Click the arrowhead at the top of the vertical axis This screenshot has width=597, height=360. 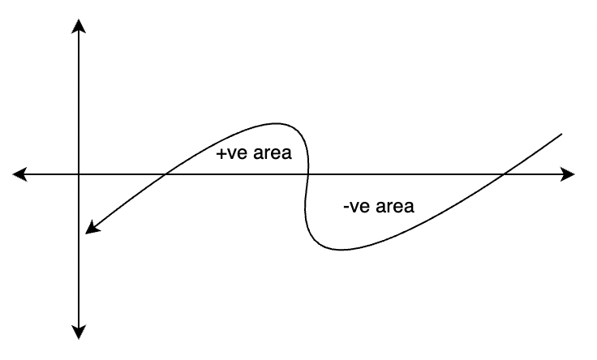coord(79,25)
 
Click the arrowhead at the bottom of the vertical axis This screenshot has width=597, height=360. coord(79,332)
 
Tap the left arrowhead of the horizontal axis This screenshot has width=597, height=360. coord(19,174)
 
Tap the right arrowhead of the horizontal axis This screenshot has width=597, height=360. coord(567,174)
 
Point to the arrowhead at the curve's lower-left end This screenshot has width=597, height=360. coord(92,229)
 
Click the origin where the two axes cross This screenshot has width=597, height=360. coord(79,174)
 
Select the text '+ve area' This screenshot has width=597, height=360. coord(254,153)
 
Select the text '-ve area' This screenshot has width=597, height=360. coord(379,206)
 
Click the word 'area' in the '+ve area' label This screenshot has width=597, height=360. coord(273,153)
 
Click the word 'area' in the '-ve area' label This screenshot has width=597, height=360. coord(395,206)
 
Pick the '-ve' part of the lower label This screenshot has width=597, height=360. coord(357,207)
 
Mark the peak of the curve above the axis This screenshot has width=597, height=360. coord(276,123)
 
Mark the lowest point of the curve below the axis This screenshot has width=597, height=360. coord(341,250)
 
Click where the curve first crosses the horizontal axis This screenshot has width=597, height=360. coord(165,174)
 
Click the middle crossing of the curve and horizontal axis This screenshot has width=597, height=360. coord(307,174)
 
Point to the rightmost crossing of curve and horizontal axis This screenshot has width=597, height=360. coord(504,174)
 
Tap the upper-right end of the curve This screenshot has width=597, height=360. coord(561,134)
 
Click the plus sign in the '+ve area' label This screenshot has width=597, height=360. coord(221,154)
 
